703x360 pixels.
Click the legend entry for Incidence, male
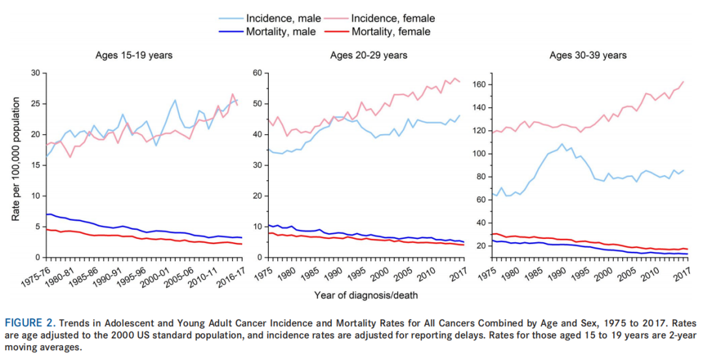point(287,18)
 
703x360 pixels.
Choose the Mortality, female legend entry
point(391,31)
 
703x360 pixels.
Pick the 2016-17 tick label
point(230,273)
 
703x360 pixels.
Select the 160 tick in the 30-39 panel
point(480,85)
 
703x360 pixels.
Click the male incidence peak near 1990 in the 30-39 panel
point(561,144)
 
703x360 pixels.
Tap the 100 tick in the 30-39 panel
point(480,154)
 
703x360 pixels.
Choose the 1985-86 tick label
point(83,273)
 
